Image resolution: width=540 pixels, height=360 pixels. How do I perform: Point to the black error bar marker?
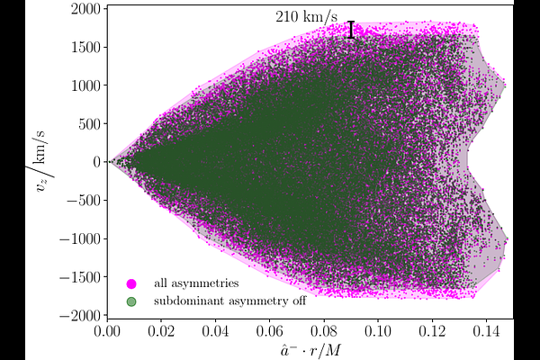351,30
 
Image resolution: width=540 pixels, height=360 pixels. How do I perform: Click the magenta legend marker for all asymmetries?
130,284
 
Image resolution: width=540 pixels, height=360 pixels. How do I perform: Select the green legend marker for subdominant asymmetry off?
130,301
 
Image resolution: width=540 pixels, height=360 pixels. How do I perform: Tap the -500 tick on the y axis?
81,201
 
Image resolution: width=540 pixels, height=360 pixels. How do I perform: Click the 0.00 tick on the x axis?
108,330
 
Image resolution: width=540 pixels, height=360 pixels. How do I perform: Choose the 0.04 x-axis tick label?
216,330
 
